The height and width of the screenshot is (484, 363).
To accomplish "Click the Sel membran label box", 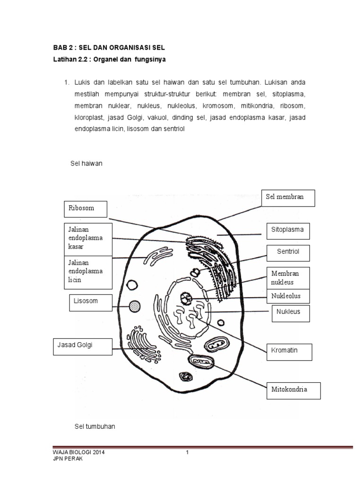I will coord(288,198).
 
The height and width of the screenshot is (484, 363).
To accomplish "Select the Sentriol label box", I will coord(288,253).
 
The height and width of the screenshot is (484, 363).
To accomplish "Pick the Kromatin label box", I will coord(291,352).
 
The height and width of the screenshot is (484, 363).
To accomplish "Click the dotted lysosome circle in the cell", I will coord(135,307).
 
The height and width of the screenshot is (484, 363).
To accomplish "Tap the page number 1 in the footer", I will coord(187,452).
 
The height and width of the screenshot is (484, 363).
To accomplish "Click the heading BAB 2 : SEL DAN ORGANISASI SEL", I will coord(109,48).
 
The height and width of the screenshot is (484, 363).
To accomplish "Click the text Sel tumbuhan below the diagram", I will coord(95,426).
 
